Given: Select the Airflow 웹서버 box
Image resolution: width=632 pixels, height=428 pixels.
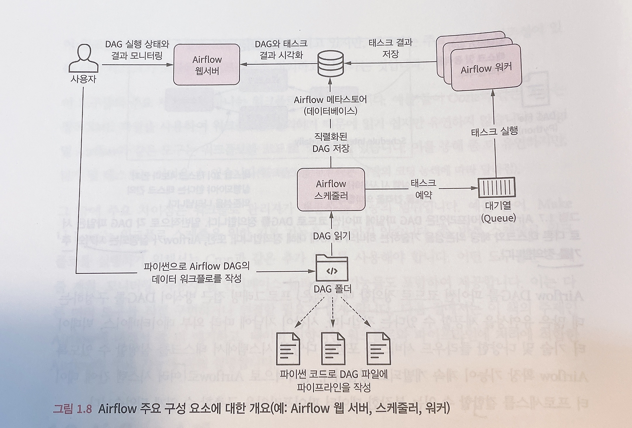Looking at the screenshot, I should pos(207,65).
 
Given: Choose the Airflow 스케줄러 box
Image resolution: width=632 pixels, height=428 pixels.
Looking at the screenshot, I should pos(331,190).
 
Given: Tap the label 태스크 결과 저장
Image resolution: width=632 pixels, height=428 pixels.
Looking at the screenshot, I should pos(390,48).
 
